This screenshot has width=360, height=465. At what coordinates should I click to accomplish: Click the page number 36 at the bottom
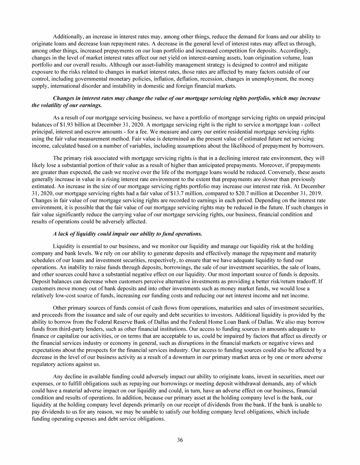click(x=180, y=439)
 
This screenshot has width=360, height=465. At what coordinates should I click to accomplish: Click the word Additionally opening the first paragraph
click(x=69, y=36)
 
